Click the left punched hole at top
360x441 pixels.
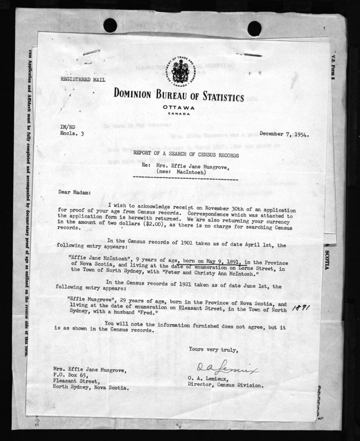(110, 25)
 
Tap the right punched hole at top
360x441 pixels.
(255, 28)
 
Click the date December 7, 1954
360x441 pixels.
(284, 134)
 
